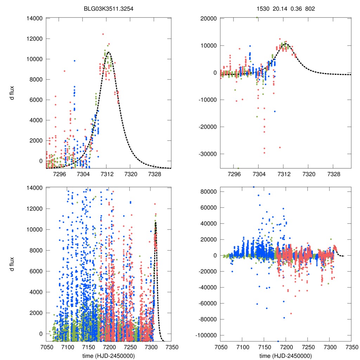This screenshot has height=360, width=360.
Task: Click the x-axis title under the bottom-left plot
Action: (109, 355)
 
